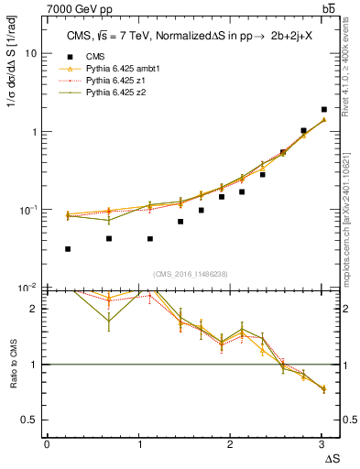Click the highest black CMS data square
click(324, 109)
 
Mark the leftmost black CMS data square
click(69, 248)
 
